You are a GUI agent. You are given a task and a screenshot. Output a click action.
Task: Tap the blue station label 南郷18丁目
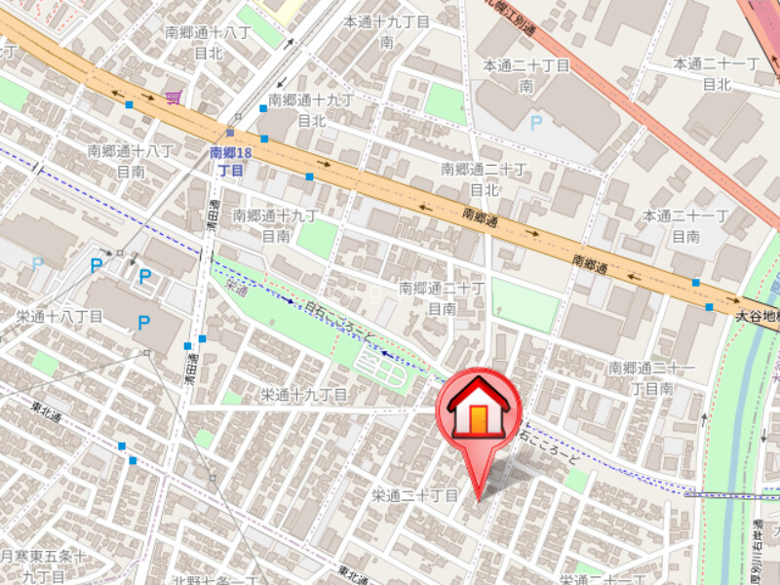point(231,162)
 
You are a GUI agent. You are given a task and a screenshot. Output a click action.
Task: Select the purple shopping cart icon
point(175,97)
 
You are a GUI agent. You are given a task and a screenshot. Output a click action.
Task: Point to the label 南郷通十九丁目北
point(310,110)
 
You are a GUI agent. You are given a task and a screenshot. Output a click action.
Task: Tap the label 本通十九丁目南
point(386,31)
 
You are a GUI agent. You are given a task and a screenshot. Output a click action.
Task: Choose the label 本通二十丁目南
point(526,75)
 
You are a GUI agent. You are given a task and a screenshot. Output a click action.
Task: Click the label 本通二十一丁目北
point(716,73)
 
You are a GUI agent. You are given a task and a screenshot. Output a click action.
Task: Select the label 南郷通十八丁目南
point(131,161)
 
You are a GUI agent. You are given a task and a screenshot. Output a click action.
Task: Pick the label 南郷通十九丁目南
point(276,224)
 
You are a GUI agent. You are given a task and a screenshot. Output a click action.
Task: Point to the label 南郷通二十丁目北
point(485,178)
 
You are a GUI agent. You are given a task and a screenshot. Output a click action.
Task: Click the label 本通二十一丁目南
point(685,225)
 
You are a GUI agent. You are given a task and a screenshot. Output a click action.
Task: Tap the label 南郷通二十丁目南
point(442,297)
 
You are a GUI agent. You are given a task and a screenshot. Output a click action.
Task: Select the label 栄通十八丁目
point(59,317)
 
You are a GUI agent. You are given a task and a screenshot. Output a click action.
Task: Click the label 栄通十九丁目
point(303,394)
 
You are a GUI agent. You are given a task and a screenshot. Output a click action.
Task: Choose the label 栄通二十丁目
point(414,495)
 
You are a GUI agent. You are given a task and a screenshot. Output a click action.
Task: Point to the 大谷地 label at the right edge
point(757,317)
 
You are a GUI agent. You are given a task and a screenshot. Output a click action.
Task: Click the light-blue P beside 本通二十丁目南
point(535,123)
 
